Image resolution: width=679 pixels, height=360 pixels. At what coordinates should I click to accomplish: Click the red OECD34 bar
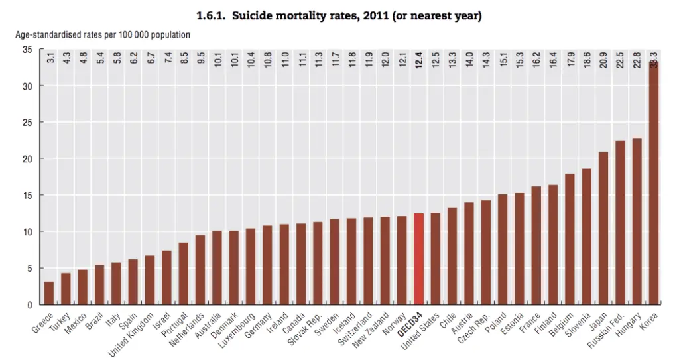click(418, 259)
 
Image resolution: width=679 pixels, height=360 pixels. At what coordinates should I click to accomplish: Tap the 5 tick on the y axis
click(29, 269)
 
